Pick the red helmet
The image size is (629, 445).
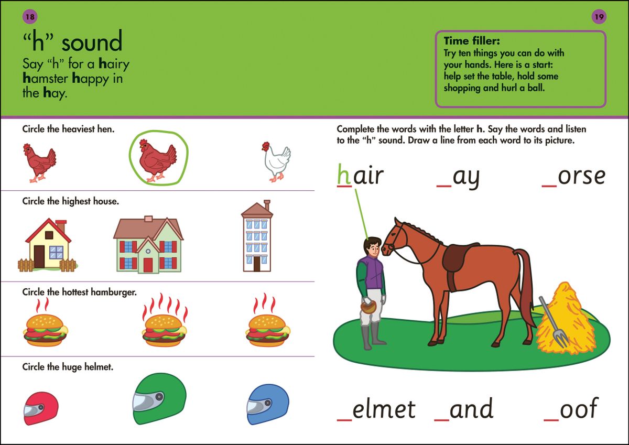coord(40,408)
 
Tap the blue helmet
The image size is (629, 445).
coord(267,405)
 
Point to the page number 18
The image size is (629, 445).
coord(30,17)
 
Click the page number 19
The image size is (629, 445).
coord(599,17)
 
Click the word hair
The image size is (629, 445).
coord(360,176)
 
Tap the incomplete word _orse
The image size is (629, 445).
coord(573,177)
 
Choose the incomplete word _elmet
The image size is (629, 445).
coord(376,409)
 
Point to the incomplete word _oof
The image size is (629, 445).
coord(571,409)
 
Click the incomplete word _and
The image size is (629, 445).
coord(464,409)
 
